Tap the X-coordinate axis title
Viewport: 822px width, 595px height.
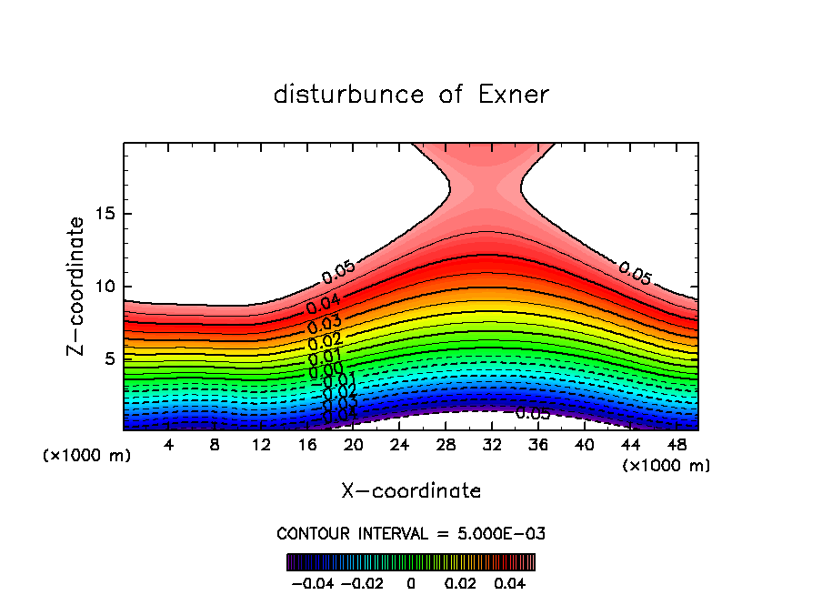[x=411, y=491]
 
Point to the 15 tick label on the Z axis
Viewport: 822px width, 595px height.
[x=104, y=215]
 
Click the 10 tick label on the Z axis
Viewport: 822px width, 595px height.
[x=104, y=287]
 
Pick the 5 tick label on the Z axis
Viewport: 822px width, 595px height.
[x=109, y=358]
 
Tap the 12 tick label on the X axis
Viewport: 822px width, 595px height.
[x=261, y=446]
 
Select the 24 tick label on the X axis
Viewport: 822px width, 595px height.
[x=399, y=446]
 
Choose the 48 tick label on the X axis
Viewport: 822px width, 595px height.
[x=676, y=446]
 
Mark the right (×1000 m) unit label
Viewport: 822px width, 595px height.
[x=667, y=465]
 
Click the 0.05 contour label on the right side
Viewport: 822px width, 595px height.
[x=635, y=272]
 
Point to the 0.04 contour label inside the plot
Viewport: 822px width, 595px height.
[x=324, y=305]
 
